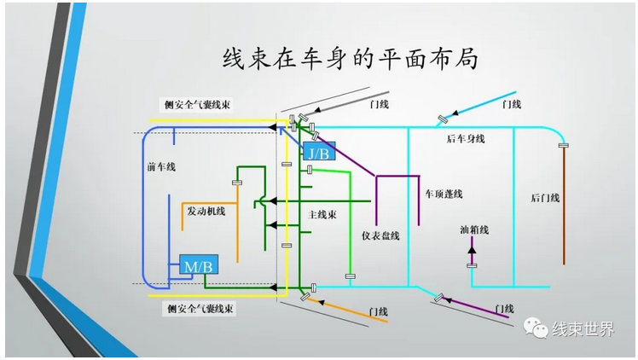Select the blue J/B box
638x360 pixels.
[x=319, y=153]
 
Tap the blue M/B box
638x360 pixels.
[x=198, y=266]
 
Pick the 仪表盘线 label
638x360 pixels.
[x=380, y=235]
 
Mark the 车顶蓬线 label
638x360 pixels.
[x=444, y=195]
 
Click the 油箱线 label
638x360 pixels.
[x=473, y=229]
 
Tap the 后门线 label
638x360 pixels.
[x=545, y=198]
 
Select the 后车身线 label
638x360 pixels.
[x=466, y=138]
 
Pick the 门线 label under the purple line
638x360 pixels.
[x=503, y=308]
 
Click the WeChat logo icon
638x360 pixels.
[x=536, y=328]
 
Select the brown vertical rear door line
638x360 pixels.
[x=563, y=205]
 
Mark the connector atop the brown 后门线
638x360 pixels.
[x=563, y=147]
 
